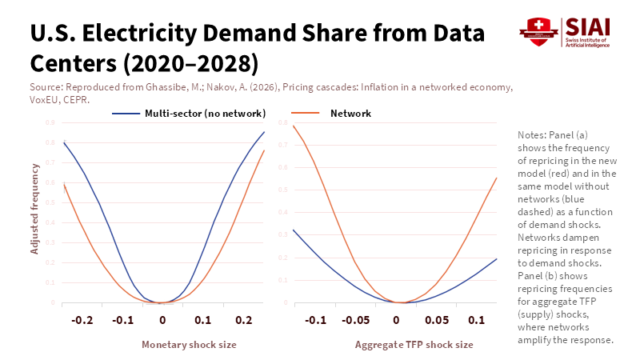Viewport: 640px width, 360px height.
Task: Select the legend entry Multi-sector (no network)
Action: (205, 114)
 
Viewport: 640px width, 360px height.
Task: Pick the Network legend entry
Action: (350, 114)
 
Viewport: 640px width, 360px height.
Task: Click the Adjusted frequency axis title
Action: (34, 208)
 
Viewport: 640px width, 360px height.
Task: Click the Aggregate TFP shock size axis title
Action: (414, 344)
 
